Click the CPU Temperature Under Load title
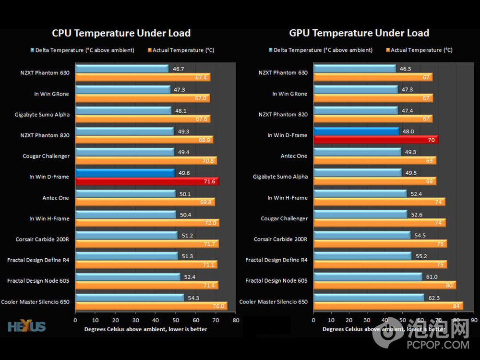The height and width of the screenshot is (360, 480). point(121,33)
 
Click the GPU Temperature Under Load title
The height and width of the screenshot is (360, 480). point(359,33)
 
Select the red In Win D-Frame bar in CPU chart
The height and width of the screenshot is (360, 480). point(147,181)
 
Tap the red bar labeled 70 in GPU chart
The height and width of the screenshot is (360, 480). point(375,140)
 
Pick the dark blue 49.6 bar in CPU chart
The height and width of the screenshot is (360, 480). point(125,173)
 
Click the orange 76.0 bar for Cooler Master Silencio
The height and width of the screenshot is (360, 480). point(151,306)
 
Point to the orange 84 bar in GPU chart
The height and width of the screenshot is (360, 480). point(388,306)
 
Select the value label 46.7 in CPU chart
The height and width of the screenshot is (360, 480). point(179,69)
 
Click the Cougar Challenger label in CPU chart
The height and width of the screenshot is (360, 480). point(46,156)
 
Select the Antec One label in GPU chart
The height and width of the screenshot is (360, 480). point(294,156)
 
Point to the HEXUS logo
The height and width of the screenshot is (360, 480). point(27,326)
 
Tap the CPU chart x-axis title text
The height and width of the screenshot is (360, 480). point(146,329)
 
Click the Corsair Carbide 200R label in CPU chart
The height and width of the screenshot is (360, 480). point(42,239)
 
